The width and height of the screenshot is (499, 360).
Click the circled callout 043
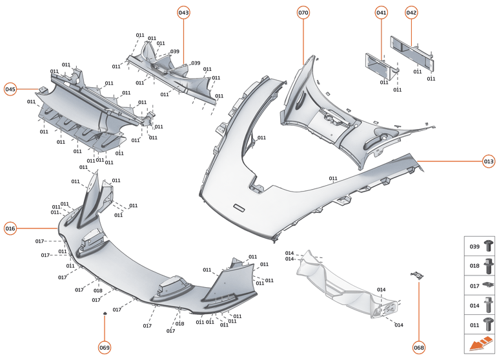[x=184, y=12]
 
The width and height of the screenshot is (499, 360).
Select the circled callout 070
[x=303, y=12]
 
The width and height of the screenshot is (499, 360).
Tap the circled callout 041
[x=382, y=12]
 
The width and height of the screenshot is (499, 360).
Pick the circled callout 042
[x=411, y=12]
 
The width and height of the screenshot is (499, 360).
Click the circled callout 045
[x=10, y=89]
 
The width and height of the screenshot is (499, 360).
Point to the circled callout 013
[x=488, y=161]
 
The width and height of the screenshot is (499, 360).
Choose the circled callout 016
[x=10, y=228]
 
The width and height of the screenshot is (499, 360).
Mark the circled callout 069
[x=105, y=348]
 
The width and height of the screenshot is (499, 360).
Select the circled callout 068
[x=419, y=348]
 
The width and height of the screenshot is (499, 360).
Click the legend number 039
[x=473, y=246]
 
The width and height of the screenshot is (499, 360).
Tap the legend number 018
[x=473, y=265]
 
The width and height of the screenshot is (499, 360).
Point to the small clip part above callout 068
[x=418, y=276]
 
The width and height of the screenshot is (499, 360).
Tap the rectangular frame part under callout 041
[x=381, y=65]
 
